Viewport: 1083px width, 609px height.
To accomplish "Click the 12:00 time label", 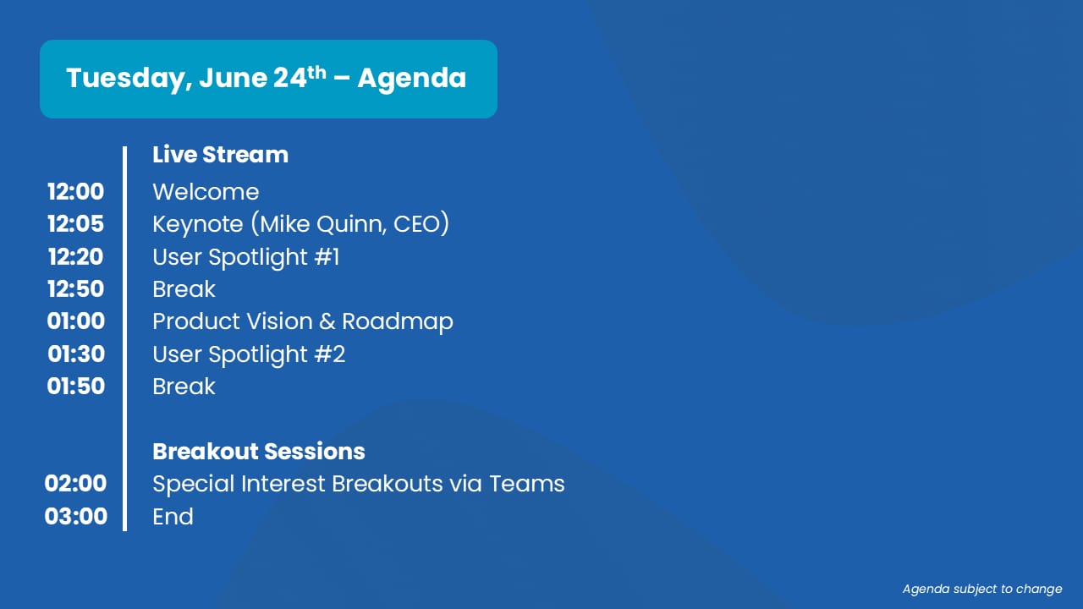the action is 75,192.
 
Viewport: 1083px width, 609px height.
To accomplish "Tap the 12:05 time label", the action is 75,224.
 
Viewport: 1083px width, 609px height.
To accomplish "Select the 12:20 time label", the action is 75,256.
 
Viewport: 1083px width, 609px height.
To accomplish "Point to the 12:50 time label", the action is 75,289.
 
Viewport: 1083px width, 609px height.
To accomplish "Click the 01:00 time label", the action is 76,321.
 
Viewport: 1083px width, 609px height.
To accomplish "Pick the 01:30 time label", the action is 76,354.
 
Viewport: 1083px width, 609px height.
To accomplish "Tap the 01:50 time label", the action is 76,387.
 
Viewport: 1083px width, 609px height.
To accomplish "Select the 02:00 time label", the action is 75,483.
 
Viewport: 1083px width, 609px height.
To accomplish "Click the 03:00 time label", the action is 76,516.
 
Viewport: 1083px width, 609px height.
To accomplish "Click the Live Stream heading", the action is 221,155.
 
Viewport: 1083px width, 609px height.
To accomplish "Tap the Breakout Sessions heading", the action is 259,452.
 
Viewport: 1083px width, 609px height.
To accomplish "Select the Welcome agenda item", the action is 206,192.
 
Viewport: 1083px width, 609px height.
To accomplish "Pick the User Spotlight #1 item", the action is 245,257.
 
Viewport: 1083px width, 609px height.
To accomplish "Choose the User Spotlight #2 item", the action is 249,354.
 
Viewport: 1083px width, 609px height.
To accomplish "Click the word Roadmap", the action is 398,322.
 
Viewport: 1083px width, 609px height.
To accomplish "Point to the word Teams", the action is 527,484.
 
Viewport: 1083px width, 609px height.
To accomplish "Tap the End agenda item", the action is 173,517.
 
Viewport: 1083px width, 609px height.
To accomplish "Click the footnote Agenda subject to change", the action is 982,590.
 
